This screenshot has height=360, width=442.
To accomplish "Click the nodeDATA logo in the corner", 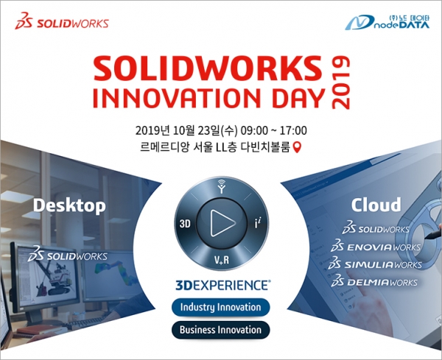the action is coord(387,22).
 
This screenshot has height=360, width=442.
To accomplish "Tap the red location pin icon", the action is coord(298,147).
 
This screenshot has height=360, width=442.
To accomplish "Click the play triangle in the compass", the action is coord(222,222).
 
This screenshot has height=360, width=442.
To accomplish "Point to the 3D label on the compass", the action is coord(185,224).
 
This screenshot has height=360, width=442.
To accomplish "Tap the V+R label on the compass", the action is coord(222,260).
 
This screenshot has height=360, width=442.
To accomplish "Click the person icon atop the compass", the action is coord(222,186).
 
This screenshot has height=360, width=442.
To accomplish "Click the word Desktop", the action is coord(69,206).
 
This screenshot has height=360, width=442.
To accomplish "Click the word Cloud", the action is coord(376,205).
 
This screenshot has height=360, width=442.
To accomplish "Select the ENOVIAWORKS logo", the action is coord(376,246).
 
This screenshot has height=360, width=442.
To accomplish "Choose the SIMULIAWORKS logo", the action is coord(375,264).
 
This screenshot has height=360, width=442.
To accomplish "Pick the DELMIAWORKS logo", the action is coord(374,281).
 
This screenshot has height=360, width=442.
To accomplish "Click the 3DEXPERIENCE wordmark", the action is coord(222,285).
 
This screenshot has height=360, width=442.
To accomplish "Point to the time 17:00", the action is coord(293,131).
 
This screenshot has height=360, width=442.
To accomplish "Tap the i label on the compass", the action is coord(257,224).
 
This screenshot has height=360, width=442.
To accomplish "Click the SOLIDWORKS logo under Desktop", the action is coord(67,255).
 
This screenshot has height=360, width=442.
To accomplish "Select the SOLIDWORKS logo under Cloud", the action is coord(376,229).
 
